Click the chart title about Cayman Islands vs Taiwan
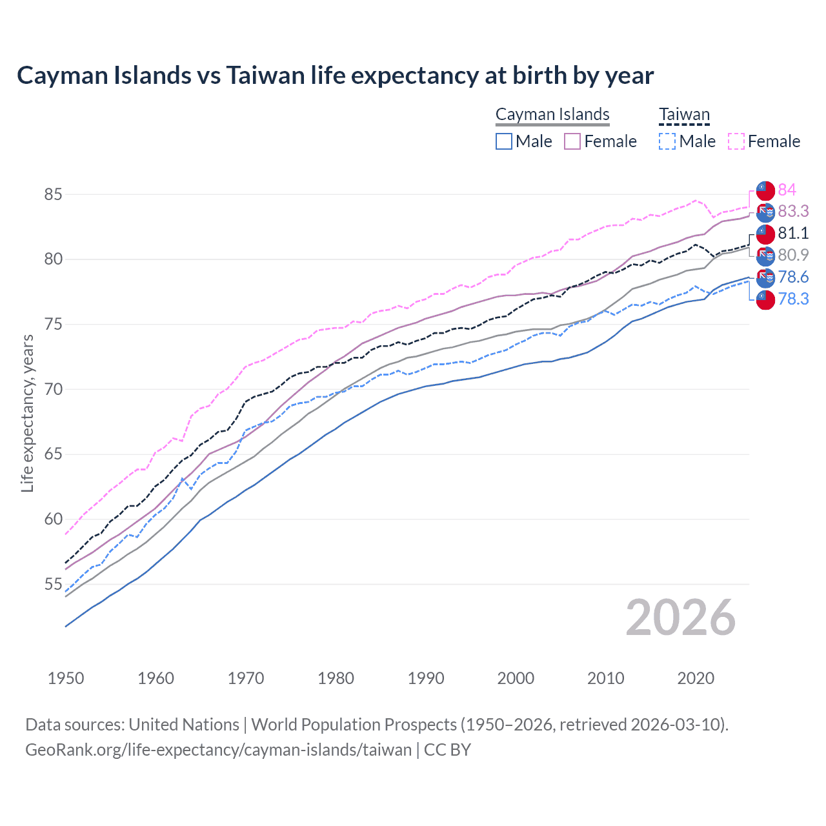click(335, 76)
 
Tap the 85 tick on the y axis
click(54, 194)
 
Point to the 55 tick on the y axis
click(54, 585)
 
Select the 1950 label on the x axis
click(66, 678)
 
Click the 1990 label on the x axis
click(426, 678)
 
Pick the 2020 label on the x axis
click(696, 678)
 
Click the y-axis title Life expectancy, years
click(28, 413)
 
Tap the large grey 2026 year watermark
click(681, 618)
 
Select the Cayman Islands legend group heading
click(552, 115)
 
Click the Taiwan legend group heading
click(684, 115)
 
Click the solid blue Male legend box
click(504, 141)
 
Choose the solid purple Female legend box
click(572, 141)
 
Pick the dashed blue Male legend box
click(667, 141)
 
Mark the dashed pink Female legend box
click(736, 141)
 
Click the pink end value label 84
click(787, 190)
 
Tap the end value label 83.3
click(793, 212)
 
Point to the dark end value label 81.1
click(793, 233)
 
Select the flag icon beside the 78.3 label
click(765, 299)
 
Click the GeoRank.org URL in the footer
click(218, 750)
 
